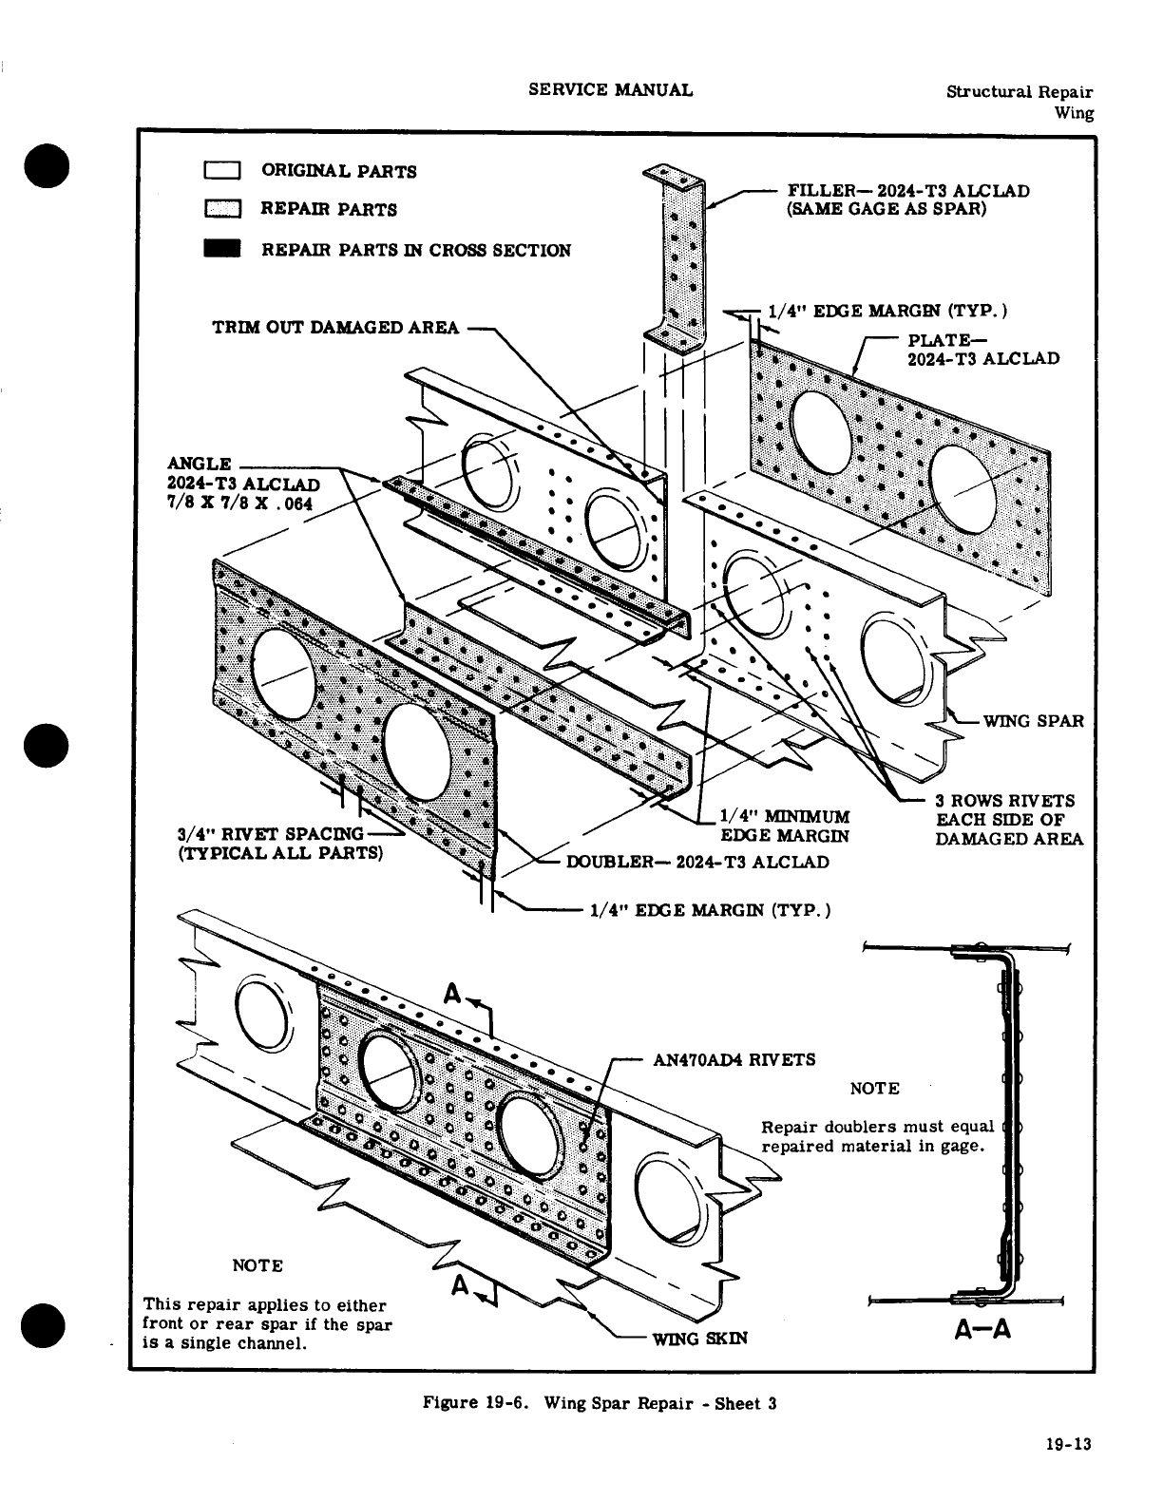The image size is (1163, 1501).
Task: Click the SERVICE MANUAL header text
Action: [x=610, y=90]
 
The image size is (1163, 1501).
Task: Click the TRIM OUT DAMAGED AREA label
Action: [x=334, y=328]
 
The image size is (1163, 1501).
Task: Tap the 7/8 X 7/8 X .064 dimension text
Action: [x=240, y=503]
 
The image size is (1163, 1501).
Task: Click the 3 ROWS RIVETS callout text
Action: [x=1005, y=801]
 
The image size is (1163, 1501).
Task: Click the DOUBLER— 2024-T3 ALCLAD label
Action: [x=697, y=862]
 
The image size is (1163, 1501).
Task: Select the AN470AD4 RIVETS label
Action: [x=734, y=1059]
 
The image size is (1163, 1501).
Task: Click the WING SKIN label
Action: [x=699, y=1339]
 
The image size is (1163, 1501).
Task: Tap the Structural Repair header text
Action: [x=1019, y=92]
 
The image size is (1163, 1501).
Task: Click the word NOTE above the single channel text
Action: [x=257, y=1265]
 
